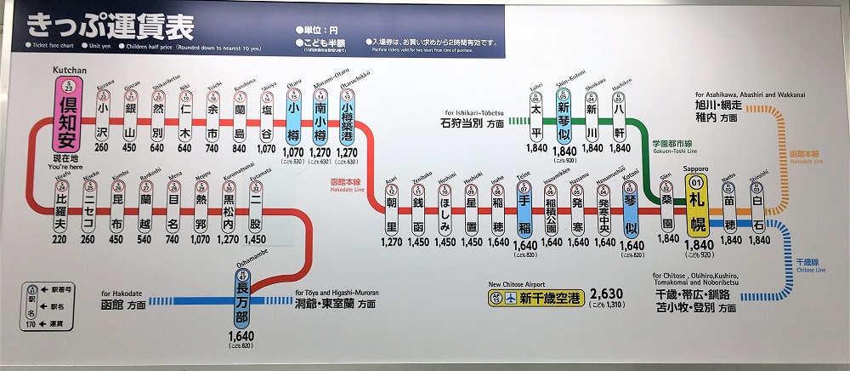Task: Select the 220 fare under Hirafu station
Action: [x=59, y=240]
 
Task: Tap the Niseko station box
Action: [x=88, y=213]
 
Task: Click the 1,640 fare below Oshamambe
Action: [x=241, y=336]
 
